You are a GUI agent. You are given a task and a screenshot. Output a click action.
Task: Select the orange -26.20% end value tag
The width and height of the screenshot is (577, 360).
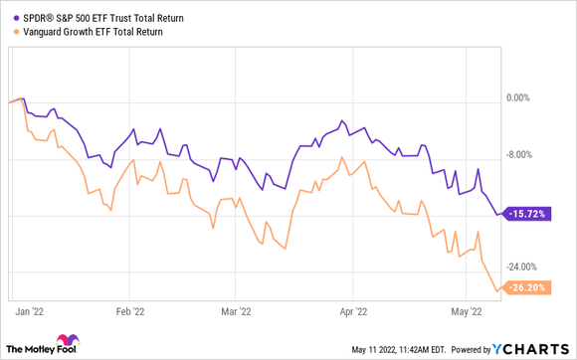click(x=526, y=288)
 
